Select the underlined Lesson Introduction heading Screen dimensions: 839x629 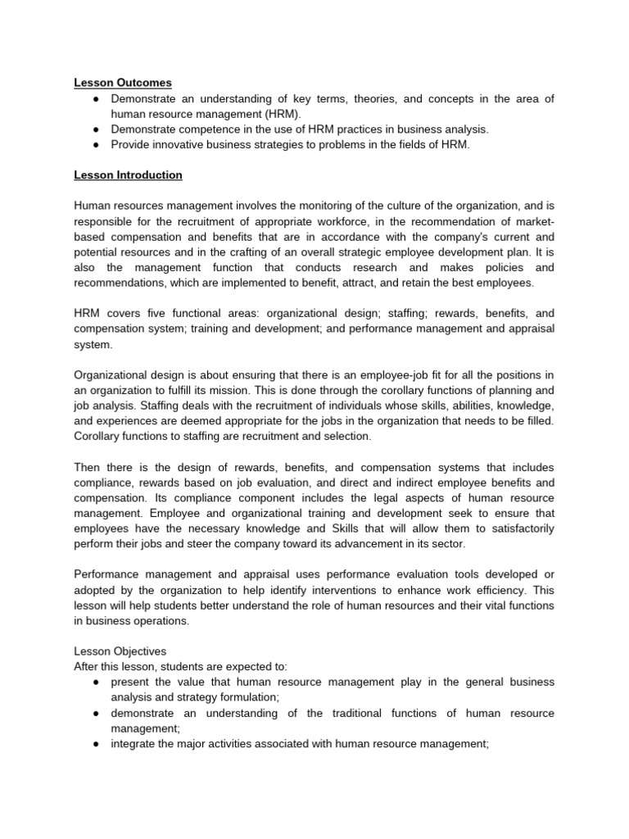[x=128, y=175]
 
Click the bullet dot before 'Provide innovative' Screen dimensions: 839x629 [x=97, y=145]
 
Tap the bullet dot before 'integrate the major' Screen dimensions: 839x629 [x=97, y=744]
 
